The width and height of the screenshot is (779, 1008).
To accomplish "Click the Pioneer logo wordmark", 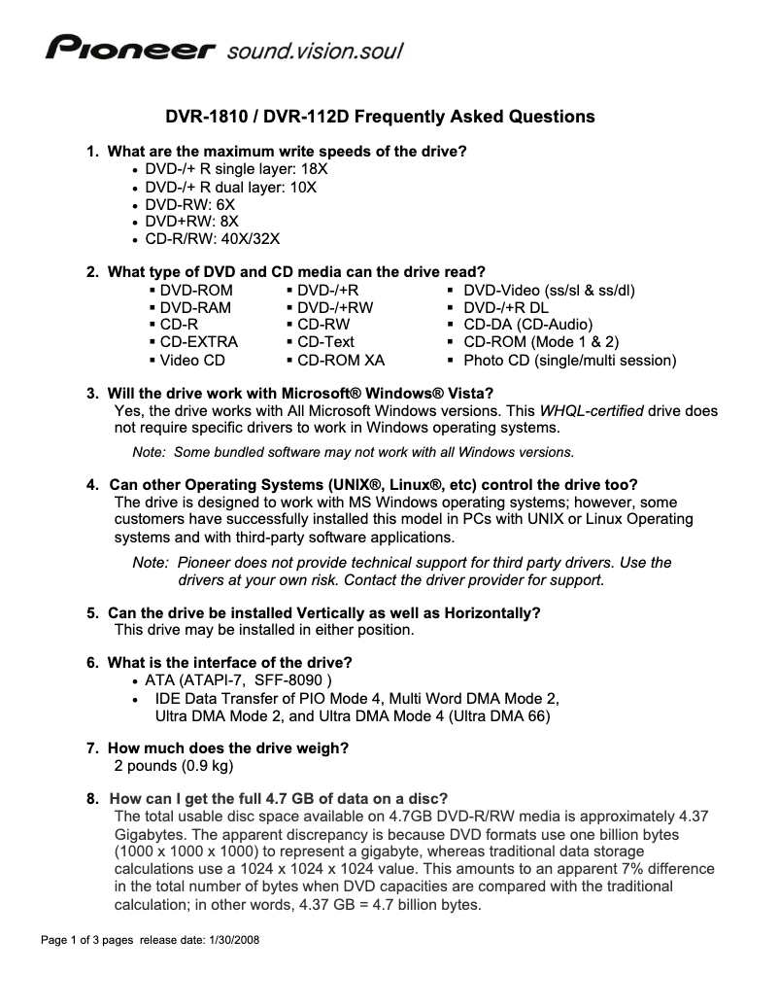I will point(130,49).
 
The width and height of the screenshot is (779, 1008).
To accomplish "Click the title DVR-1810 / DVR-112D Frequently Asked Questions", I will point(379,117).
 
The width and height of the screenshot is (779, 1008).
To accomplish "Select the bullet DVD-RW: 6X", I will point(189,205).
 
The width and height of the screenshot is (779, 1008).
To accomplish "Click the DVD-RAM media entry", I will point(195,307).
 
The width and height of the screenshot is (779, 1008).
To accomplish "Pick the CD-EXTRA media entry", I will point(198,342).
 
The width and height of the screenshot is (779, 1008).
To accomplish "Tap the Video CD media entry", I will point(192,360).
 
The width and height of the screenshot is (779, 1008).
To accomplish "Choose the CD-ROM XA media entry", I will point(340,360).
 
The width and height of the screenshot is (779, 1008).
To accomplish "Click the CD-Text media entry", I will point(325,342).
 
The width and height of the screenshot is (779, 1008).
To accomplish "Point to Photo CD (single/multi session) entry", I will point(569,360).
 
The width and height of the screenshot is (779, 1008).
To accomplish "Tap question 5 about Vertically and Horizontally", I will point(323,612).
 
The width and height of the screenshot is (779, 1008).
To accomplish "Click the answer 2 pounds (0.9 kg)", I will point(174,766).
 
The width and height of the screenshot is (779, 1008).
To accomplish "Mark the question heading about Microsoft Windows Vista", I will point(301,393).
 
